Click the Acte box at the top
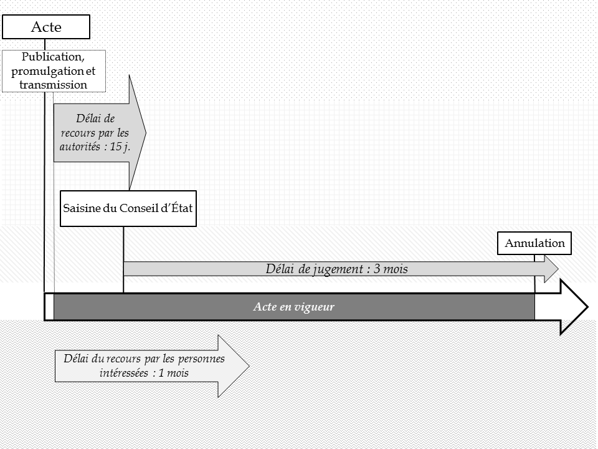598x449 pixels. [x=47, y=27]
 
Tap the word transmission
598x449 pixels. [x=54, y=84]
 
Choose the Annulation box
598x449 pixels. [x=534, y=243]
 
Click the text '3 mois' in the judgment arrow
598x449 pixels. [x=388, y=269]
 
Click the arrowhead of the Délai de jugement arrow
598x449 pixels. [x=551, y=269]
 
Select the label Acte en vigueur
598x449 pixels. [x=294, y=307]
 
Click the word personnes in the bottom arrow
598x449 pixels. [x=201, y=359]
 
